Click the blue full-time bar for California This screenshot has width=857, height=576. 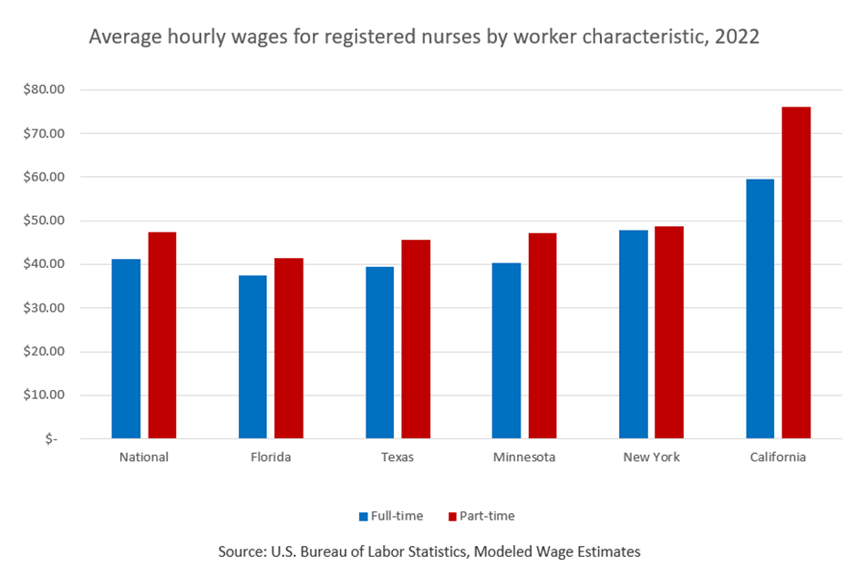click(759, 309)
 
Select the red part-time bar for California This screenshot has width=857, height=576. click(796, 273)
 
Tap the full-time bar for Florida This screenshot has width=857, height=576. click(253, 356)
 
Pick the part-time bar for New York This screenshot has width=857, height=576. click(668, 333)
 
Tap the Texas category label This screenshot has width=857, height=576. click(398, 458)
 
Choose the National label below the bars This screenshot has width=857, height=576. click(144, 458)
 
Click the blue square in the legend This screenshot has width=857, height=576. click(363, 517)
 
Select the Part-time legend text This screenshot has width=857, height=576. click(487, 516)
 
